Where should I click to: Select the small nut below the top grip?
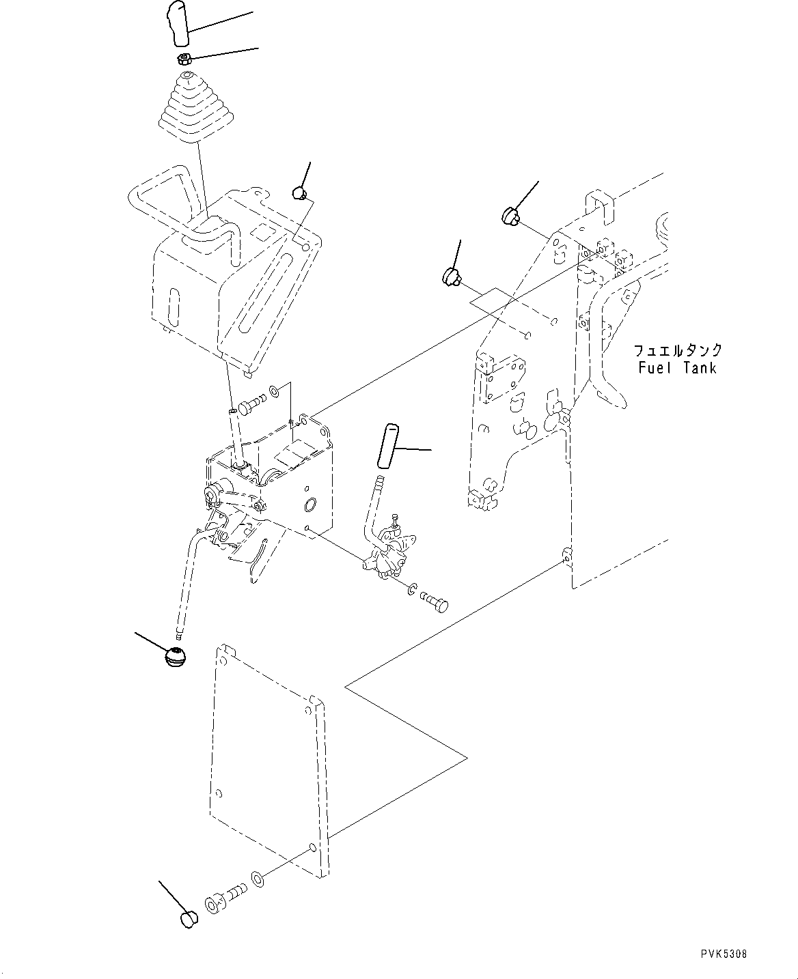(x=183, y=59)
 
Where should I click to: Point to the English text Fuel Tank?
(x=677, y=368)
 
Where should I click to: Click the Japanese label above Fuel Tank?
(x=677, y=351)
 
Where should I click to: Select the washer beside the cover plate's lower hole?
(x=258, y=876)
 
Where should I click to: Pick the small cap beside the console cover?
(x=299, y=193)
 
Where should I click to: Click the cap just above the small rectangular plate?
(x=450, y=276)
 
